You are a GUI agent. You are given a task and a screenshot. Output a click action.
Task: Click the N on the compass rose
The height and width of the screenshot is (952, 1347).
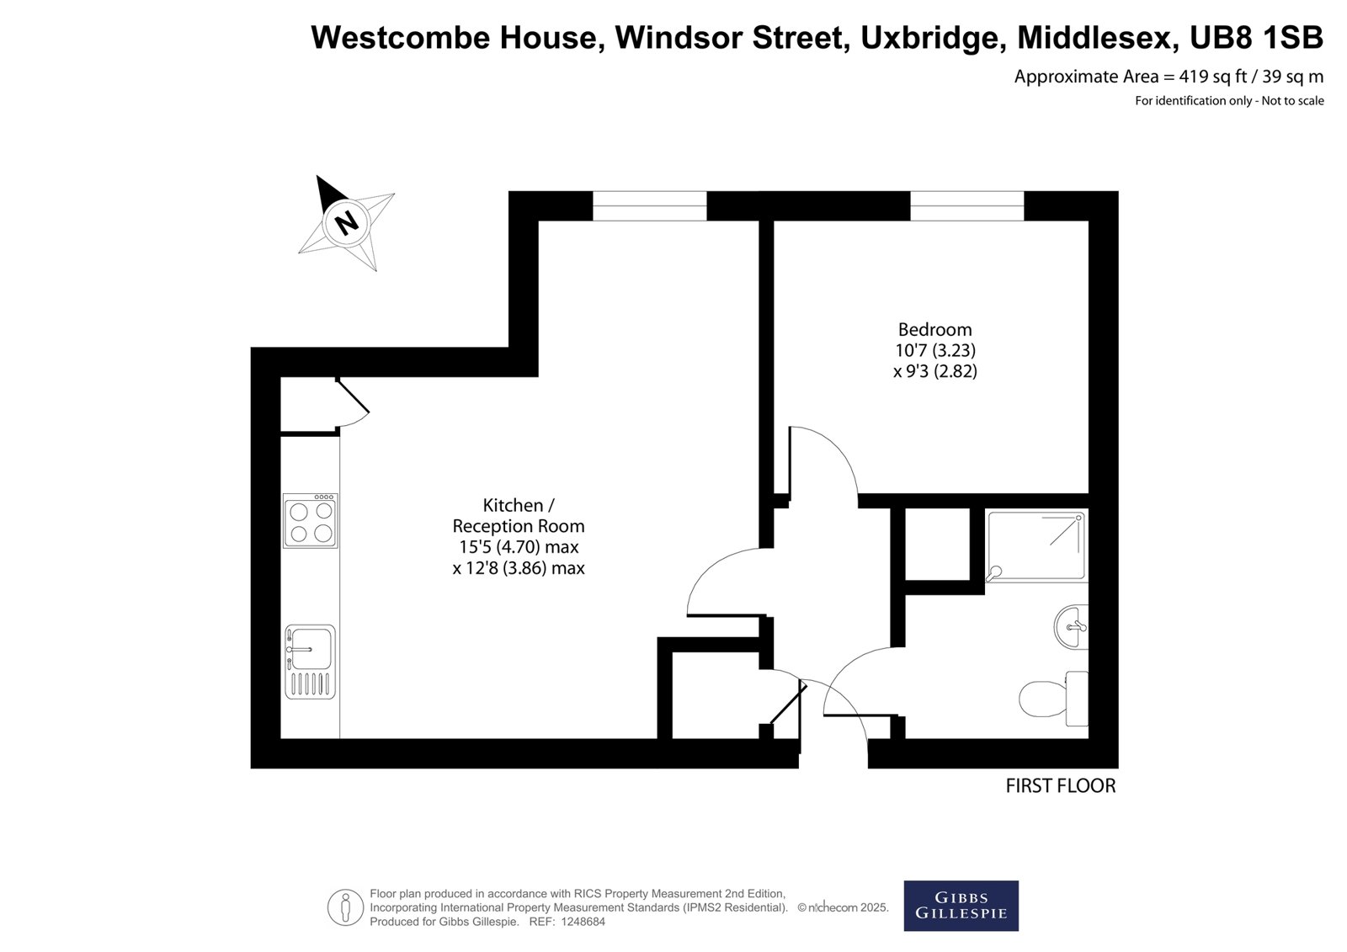tap(346, 223)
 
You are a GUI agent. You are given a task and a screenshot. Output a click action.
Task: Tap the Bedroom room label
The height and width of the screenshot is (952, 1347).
tap(935, 330)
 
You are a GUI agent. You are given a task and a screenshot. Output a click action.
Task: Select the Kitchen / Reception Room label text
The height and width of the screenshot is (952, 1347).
tap(519, 515)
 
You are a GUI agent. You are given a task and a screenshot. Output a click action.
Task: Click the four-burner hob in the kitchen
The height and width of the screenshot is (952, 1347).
tap(311, 521)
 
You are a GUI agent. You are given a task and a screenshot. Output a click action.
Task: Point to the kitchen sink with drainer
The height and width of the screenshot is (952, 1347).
tap(311, 662)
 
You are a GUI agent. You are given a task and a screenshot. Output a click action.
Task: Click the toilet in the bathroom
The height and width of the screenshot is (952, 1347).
tap(1053, 698)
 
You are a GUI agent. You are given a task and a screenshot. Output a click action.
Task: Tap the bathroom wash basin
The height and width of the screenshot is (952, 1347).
tap(1071, 626)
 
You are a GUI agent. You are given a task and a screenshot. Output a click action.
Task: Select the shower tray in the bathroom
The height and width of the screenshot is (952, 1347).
tap(1036, 546)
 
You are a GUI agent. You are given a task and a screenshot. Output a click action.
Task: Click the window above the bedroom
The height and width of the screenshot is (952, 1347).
tap(967, 205)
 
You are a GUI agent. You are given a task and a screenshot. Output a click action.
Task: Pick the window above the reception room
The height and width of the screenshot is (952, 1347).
tap(649, 205)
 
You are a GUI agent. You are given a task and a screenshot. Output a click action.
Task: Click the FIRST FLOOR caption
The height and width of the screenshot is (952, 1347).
tap(1061, 786)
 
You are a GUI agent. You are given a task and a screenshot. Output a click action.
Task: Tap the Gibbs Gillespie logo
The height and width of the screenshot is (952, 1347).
tap(961, 906)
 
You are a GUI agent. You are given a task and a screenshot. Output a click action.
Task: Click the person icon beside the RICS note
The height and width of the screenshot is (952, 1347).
tap(345, 907)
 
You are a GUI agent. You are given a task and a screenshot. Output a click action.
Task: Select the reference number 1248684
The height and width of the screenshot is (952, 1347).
tap(583, 922)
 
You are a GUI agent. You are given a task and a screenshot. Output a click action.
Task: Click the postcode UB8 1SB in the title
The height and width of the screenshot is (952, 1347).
tap(1256, 37)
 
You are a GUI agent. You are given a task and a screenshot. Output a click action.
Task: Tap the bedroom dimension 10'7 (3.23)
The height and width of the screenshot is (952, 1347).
tap(935, 350)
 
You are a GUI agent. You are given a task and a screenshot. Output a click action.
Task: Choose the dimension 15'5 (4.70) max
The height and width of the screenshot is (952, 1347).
tap(519, 547)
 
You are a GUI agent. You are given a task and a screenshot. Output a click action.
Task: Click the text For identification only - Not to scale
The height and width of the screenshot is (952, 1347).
tap(1229, 101)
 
